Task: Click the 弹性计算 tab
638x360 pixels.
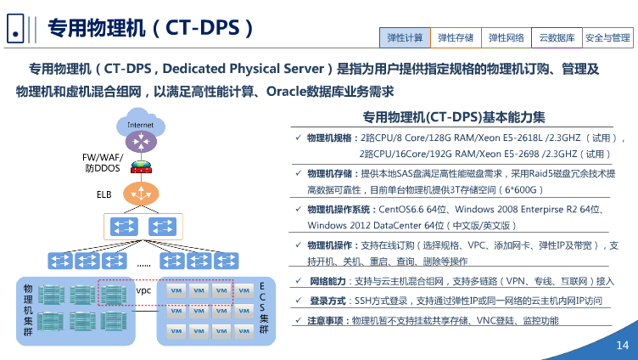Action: pos(406,38)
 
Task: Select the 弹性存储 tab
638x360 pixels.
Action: pos(456,38)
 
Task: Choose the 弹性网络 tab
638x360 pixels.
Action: pos(506,38)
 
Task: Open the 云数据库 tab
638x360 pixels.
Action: pos(557,38)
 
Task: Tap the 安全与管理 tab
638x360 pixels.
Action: pos(608,38)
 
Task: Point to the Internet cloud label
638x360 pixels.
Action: pos(141,125)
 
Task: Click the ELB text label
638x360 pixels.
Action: pos(104,194)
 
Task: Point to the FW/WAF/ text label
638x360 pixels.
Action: pos(103,157)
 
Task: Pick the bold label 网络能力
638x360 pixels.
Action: pos(327,281)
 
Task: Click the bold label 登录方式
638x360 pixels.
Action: pos(327,301)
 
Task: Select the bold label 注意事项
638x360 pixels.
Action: pos(327,320)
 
